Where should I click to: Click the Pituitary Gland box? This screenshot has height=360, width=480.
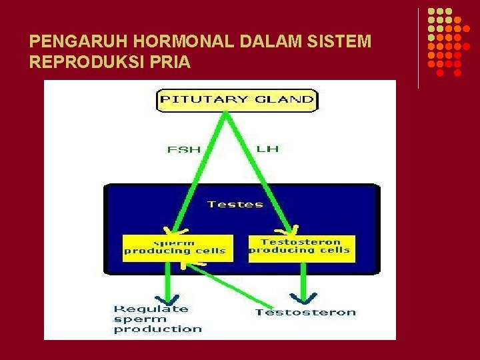(x=237, y=100)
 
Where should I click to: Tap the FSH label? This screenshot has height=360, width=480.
(x=183, y=149)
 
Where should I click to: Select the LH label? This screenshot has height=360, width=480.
(x=267, y=148)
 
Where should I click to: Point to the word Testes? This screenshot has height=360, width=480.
(x=235, y=204)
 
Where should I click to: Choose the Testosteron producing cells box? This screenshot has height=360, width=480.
(x=301, y=247)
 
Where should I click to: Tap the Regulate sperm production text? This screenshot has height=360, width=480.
(x=157, y=319)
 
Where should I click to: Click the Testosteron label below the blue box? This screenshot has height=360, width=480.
(x=306, y=312)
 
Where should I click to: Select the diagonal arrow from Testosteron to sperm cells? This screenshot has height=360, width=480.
(x=227, y=283)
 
